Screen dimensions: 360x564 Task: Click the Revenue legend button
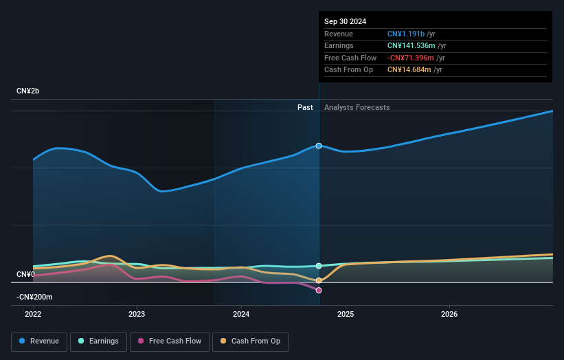[x=40, y=341]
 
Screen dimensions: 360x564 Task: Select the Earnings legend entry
[x=98, y=341]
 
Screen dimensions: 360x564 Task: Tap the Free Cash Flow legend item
[x=170, y=341]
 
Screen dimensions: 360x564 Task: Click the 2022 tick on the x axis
[x=33, y=314]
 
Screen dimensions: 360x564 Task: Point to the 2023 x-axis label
[x=137, y=314]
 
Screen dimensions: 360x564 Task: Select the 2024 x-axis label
[x=241, y=314]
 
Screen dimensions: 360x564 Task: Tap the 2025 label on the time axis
[x=345, y=314]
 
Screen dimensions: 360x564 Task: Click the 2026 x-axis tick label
[x=449, y=314]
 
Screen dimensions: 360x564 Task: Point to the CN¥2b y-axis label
[x=28, y=91]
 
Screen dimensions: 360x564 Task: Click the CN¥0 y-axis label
[x=25, y=274]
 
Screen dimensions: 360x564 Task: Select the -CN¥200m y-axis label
[x=34, y=297]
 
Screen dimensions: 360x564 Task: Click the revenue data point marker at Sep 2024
[x=319, y=146]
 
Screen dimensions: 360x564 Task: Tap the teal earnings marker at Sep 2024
[x=319, y=266]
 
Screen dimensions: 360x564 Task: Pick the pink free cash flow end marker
[x=319, y=290]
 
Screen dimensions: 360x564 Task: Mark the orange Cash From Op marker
[x=319, y=280]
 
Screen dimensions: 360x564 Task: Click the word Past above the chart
[x=305, y=107]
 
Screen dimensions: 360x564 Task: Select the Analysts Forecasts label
[x=357, y=107]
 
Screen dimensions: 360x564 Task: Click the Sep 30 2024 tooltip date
[x=345, y=21]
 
